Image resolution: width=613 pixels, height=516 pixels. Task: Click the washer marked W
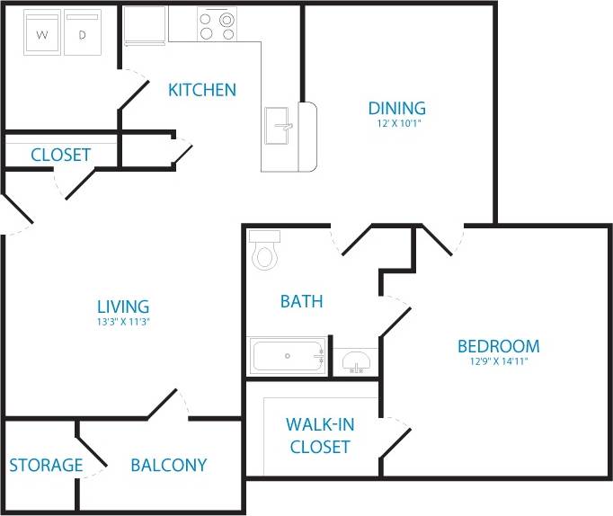click(41, 34)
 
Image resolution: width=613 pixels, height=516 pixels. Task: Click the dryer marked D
click(82, 34)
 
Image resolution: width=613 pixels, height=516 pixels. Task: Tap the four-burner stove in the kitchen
click(217, 24)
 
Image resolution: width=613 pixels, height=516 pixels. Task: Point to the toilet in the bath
click(264, 252)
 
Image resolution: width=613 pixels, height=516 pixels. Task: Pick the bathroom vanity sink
click(356, 363)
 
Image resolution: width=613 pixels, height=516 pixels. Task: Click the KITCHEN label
click(202, 90)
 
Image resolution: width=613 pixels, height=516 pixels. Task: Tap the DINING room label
click(396, 109)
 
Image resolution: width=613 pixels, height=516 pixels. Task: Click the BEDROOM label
click(498, 346)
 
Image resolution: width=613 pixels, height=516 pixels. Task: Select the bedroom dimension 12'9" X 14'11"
click(498, 362)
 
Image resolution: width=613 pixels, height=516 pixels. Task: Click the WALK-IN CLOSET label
click(318, 435)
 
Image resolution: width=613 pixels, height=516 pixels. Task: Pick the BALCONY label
click(168, 466)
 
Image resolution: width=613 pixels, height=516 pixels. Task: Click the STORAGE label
click(46, 466)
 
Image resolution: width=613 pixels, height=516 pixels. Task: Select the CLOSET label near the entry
click(60, 155)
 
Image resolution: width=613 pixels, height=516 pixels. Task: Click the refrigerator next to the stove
click(145, 25)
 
